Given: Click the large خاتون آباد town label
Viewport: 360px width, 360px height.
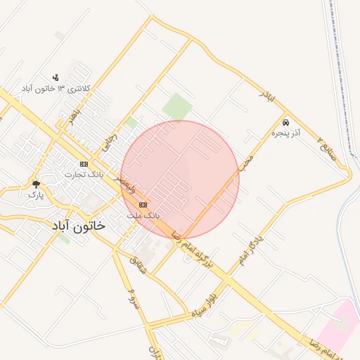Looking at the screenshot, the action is coord(77,226).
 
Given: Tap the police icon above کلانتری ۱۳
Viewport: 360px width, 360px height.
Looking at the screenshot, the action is coord(56,77).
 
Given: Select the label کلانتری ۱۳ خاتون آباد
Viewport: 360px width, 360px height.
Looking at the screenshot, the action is coord(56,89).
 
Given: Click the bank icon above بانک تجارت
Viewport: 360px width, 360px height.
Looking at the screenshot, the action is coord(84,164).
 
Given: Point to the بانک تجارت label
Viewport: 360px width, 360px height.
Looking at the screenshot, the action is coord(84,174).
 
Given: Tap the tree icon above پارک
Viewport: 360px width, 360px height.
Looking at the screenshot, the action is coord(36,185).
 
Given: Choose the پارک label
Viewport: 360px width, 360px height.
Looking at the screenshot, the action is coord(36,195).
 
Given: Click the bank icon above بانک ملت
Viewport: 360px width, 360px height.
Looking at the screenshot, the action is coord(143,205).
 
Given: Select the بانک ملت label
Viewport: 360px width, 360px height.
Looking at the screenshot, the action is coord(143,214).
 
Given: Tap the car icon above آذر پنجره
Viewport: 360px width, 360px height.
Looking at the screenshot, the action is coord(285,122).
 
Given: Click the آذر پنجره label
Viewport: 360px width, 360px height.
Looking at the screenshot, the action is coord(285,132).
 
